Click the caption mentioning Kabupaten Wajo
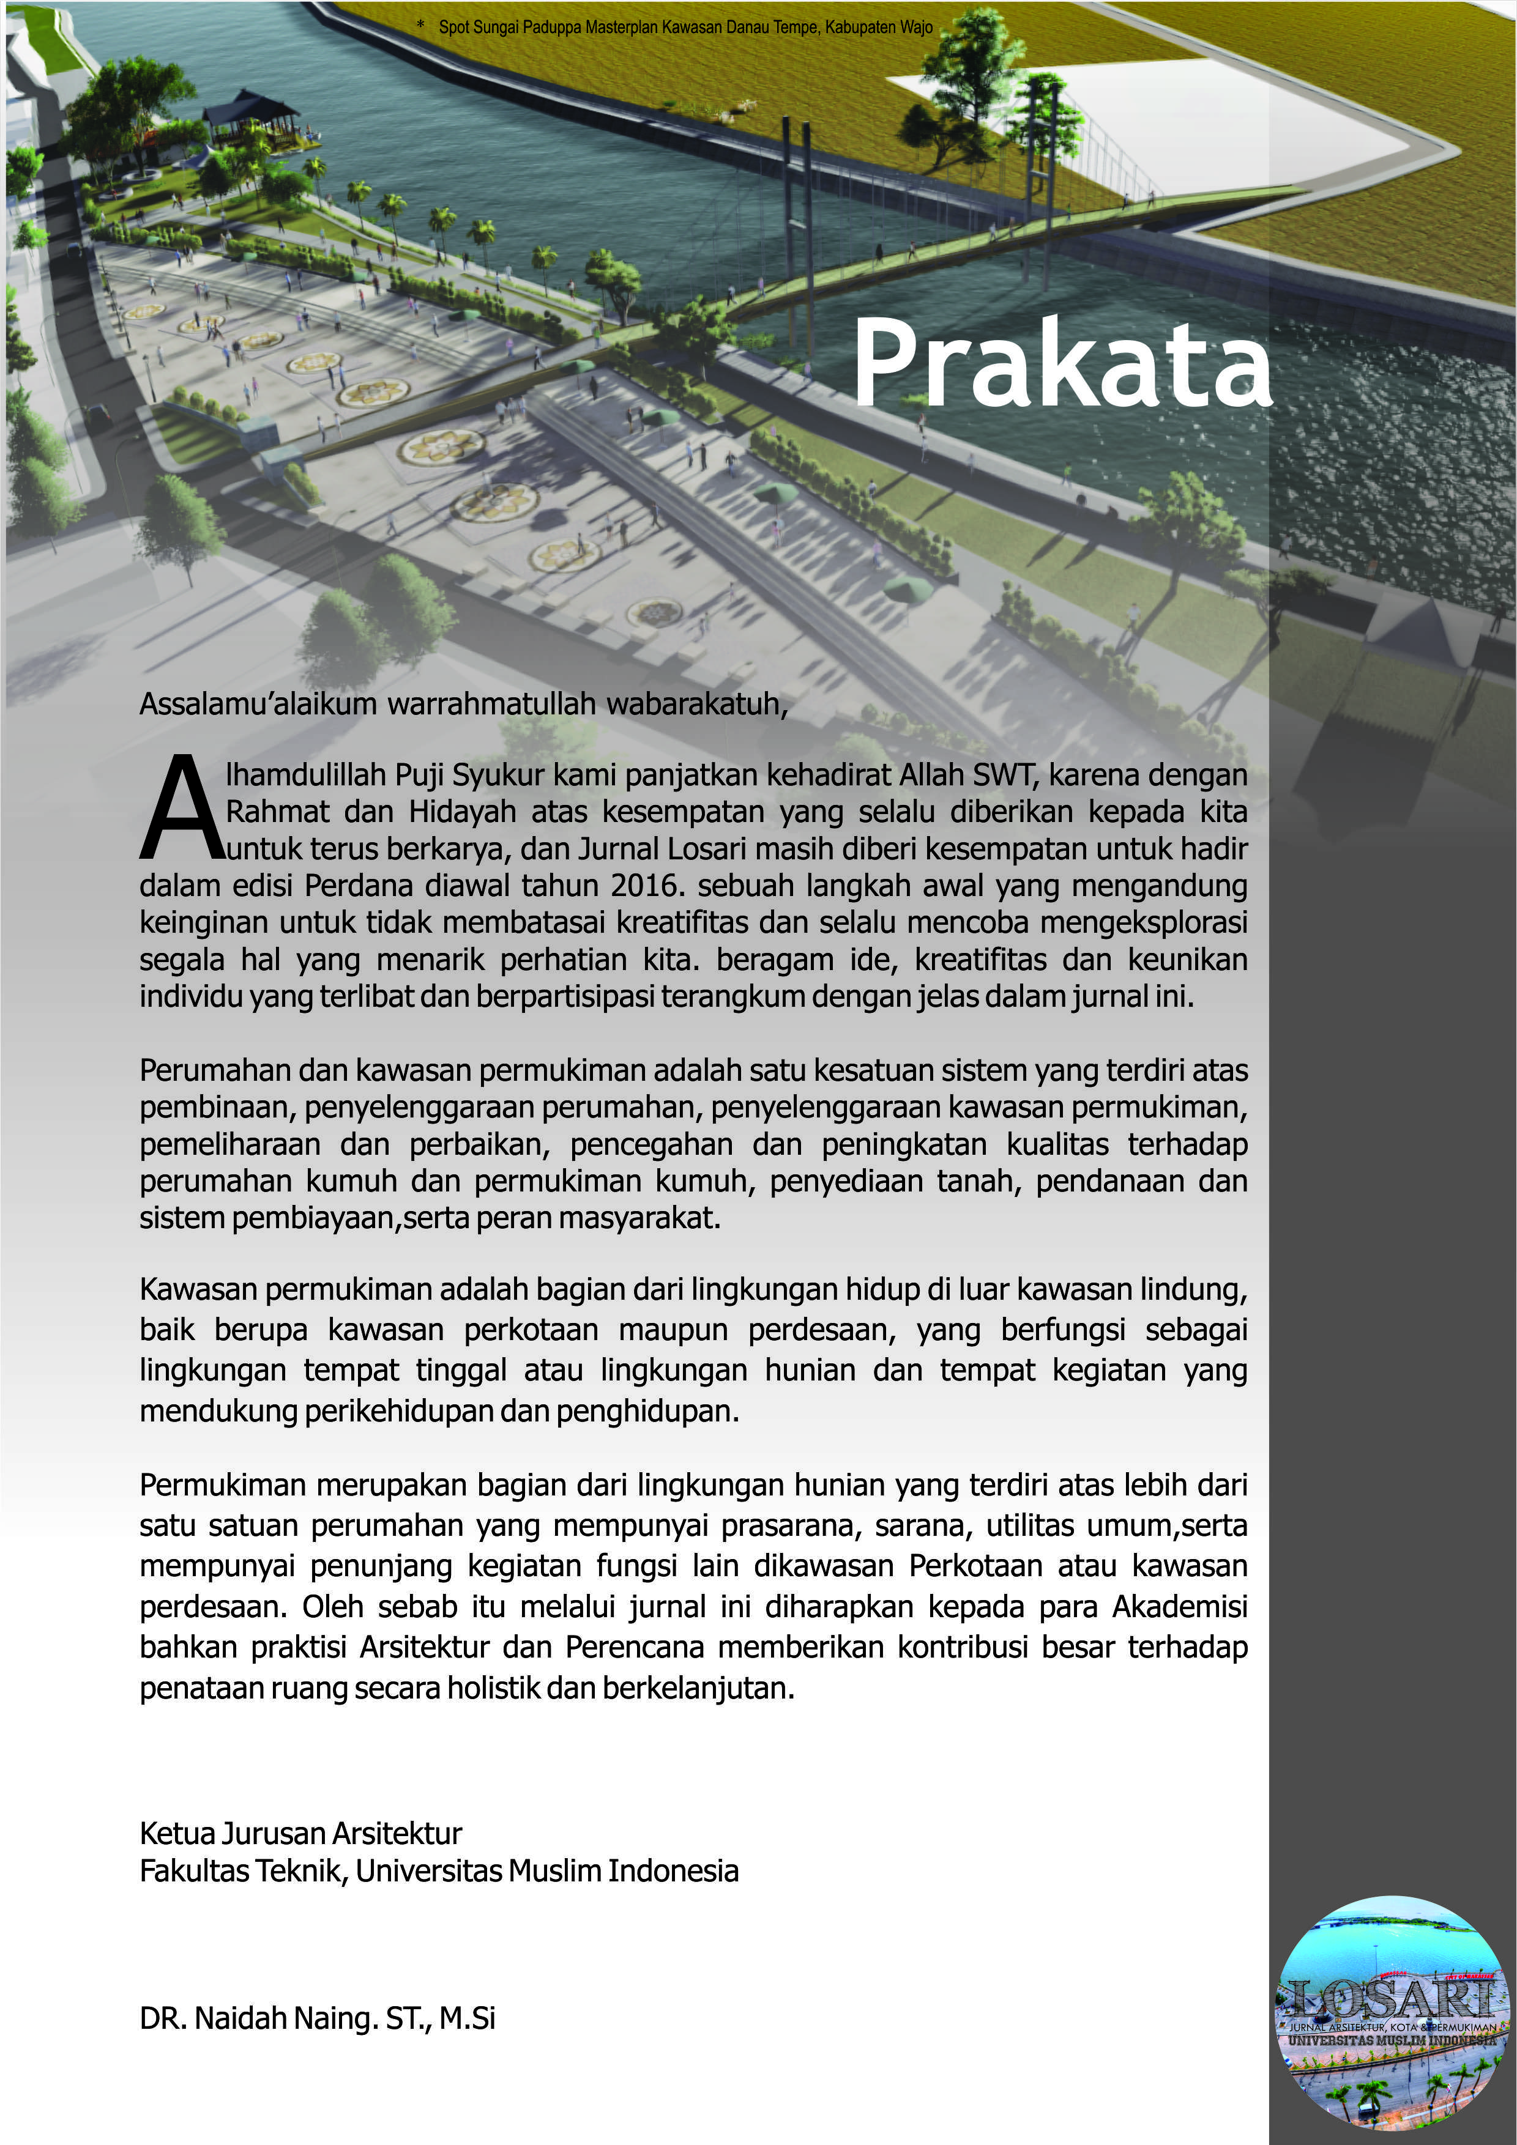685,27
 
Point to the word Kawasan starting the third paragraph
198,1289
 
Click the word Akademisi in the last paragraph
1180,1606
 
